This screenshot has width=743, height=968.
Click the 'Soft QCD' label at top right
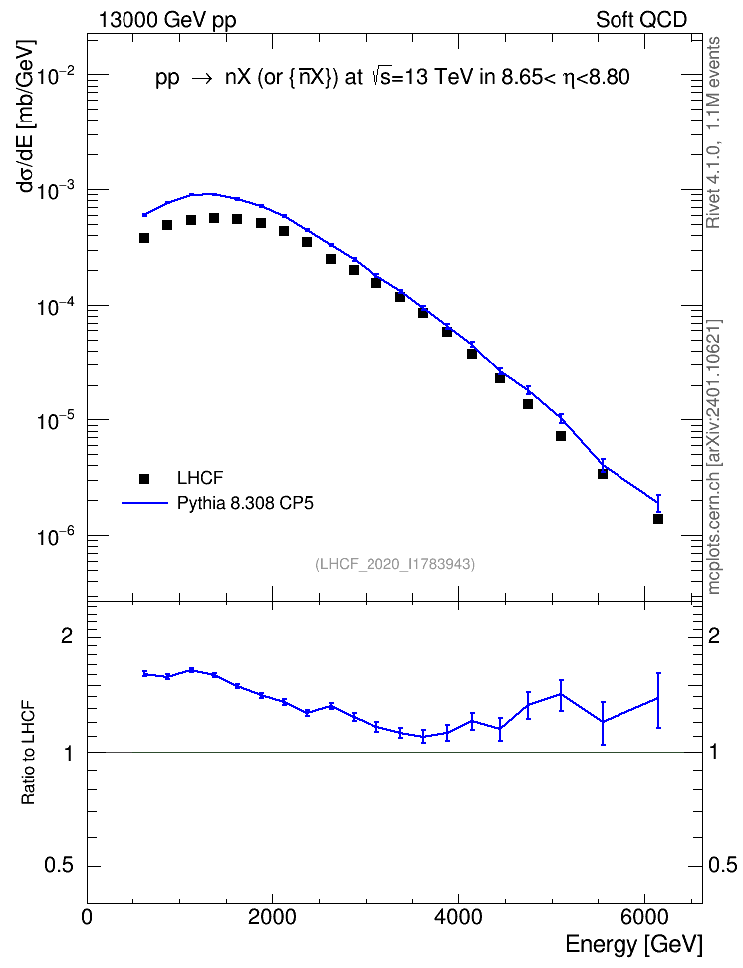coord(641,20)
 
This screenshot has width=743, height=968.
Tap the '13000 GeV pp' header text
coord(167,20)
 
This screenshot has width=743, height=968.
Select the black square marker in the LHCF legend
coord(144,478)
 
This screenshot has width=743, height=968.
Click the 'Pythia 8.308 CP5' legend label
coord(245,503)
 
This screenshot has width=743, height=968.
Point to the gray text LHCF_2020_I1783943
coord(395,564)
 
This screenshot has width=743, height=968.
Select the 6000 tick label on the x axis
coord(644,917)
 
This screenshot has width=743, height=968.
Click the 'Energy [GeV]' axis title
coord(633,944)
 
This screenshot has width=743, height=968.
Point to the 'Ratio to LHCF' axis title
coord(28,753)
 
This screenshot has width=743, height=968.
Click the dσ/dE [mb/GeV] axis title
coord(27,117)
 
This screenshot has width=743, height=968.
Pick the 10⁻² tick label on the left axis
coord(56,76)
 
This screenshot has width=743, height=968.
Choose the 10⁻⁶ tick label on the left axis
coord(56,536)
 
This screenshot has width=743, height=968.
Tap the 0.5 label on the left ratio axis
coord(59,866)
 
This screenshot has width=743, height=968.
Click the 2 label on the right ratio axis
coord(714,636)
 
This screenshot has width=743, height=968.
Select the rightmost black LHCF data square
coord(658,519)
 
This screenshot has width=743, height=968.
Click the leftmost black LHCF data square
coord(144,238)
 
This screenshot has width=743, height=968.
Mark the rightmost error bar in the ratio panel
coord(658,701)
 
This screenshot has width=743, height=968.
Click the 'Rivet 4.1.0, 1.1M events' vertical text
coord(714,132)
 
